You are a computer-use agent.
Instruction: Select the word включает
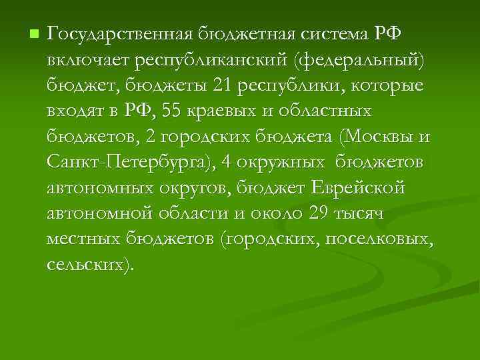tap(87, 61)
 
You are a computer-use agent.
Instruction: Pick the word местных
tap(84, 240)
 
